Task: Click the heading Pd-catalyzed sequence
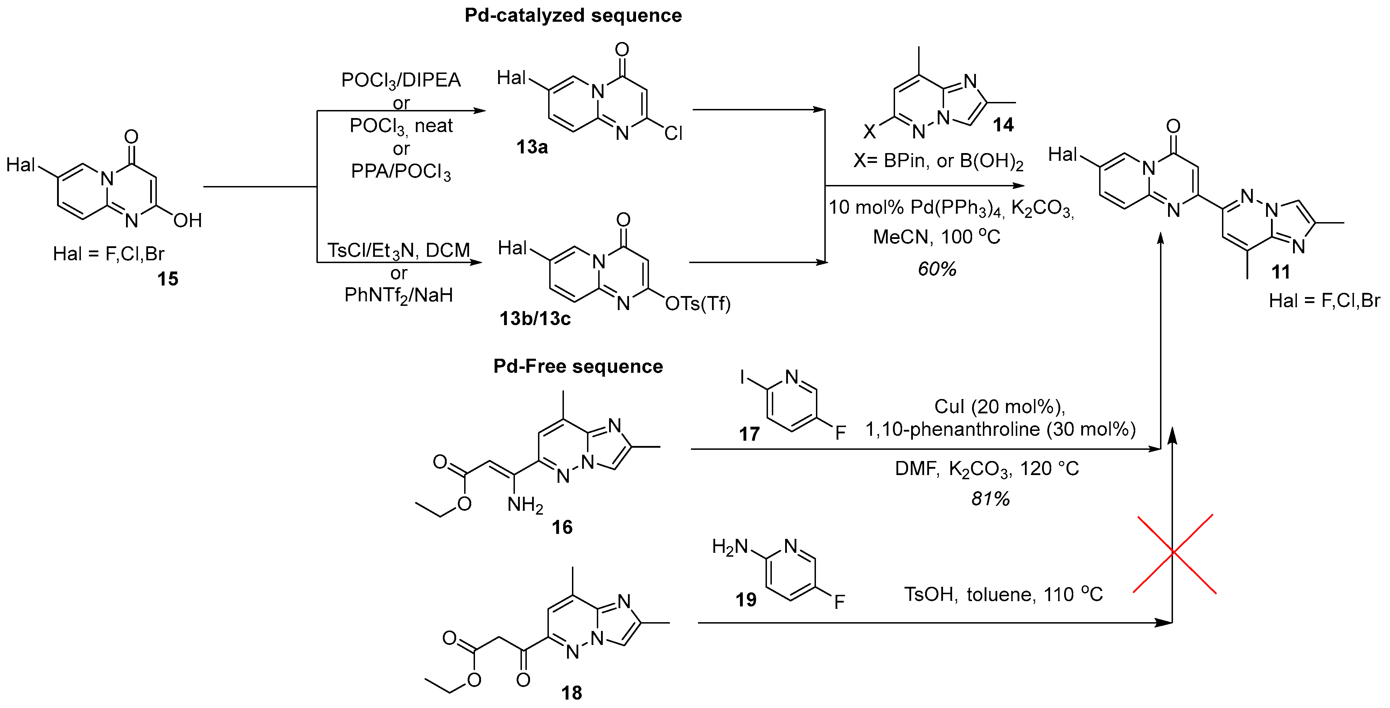[x=573, y=16]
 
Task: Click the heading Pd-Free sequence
[x=578, y=367]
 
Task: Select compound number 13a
[x=532, y=147]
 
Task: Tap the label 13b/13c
[x=535, y=319]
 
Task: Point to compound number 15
[x=167, y=279]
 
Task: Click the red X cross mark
[x=1174, y=553]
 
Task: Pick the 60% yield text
[x=937, y=269]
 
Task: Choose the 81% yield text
[x=990, y=499]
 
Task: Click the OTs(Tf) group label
[x=698, y=304]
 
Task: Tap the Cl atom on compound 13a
[x=673, y=133]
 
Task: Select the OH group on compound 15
[x=187, y=220]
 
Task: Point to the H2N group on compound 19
[x=729, y=547]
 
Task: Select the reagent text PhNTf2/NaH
[x=399, y=295]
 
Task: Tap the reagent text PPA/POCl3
[x=400, y=172]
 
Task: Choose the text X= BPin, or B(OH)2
[x=938, y=161]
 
